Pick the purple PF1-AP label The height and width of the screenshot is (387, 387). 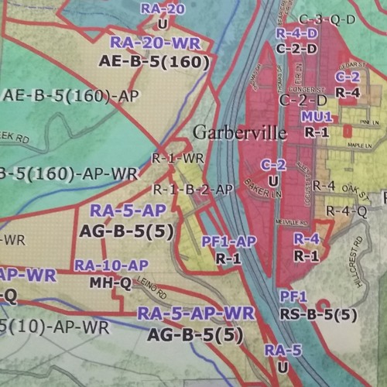(228, 242)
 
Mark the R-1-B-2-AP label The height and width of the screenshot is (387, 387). (192, 188)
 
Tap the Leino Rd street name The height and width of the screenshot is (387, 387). (152, 291)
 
